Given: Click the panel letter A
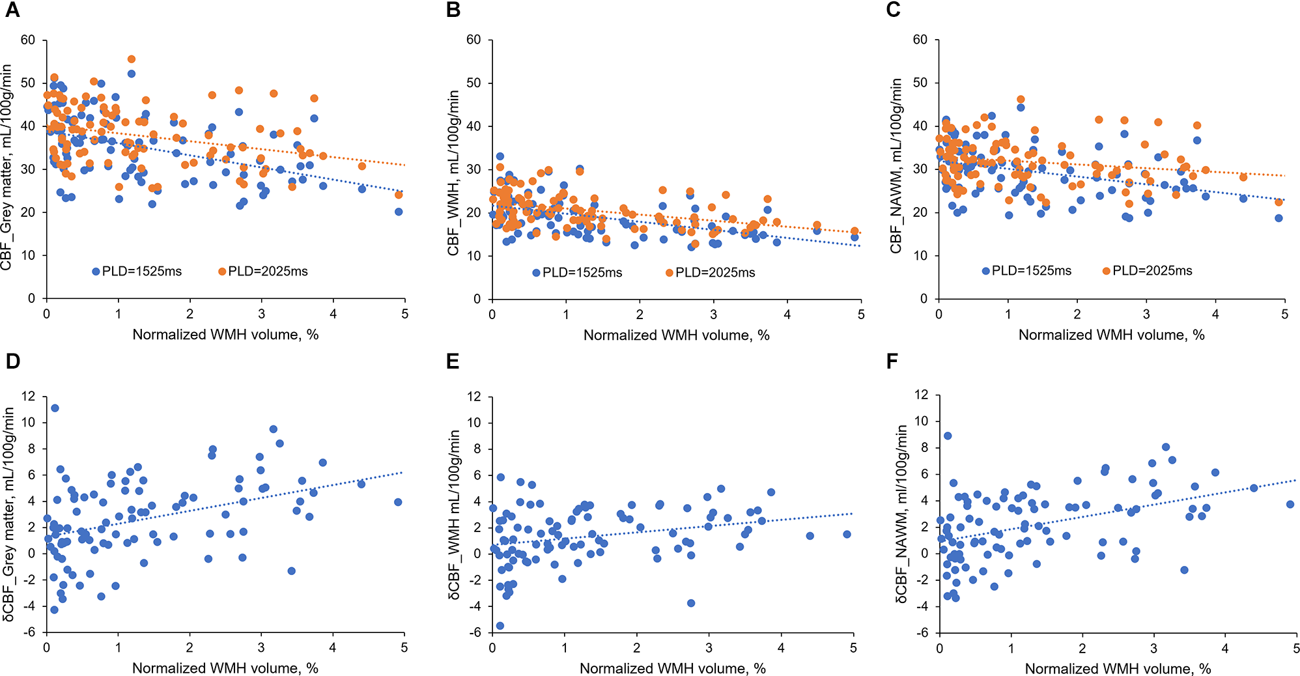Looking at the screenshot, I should [12, 10].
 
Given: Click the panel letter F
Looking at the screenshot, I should [892, 361].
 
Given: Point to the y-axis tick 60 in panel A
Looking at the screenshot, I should [28, 40].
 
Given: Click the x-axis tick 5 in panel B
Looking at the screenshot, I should [861, 315].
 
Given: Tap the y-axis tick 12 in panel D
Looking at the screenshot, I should [28, 397].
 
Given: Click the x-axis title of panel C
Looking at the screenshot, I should [1111, 335].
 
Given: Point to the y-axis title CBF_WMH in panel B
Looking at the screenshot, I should [454, 173].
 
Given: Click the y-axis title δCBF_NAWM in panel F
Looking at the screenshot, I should [901, 514].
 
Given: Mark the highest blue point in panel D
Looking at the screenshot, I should [55, 408].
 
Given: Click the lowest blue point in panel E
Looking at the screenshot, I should [500, 626].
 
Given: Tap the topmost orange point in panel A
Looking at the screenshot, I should [132, 59].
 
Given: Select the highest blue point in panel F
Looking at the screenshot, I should [948, 436].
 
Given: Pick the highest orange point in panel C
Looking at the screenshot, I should [1021, 100].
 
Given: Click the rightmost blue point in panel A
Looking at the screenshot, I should [399, 212].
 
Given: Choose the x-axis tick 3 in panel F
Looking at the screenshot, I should [1153, 649].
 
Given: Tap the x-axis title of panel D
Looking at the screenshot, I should [225, 668].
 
